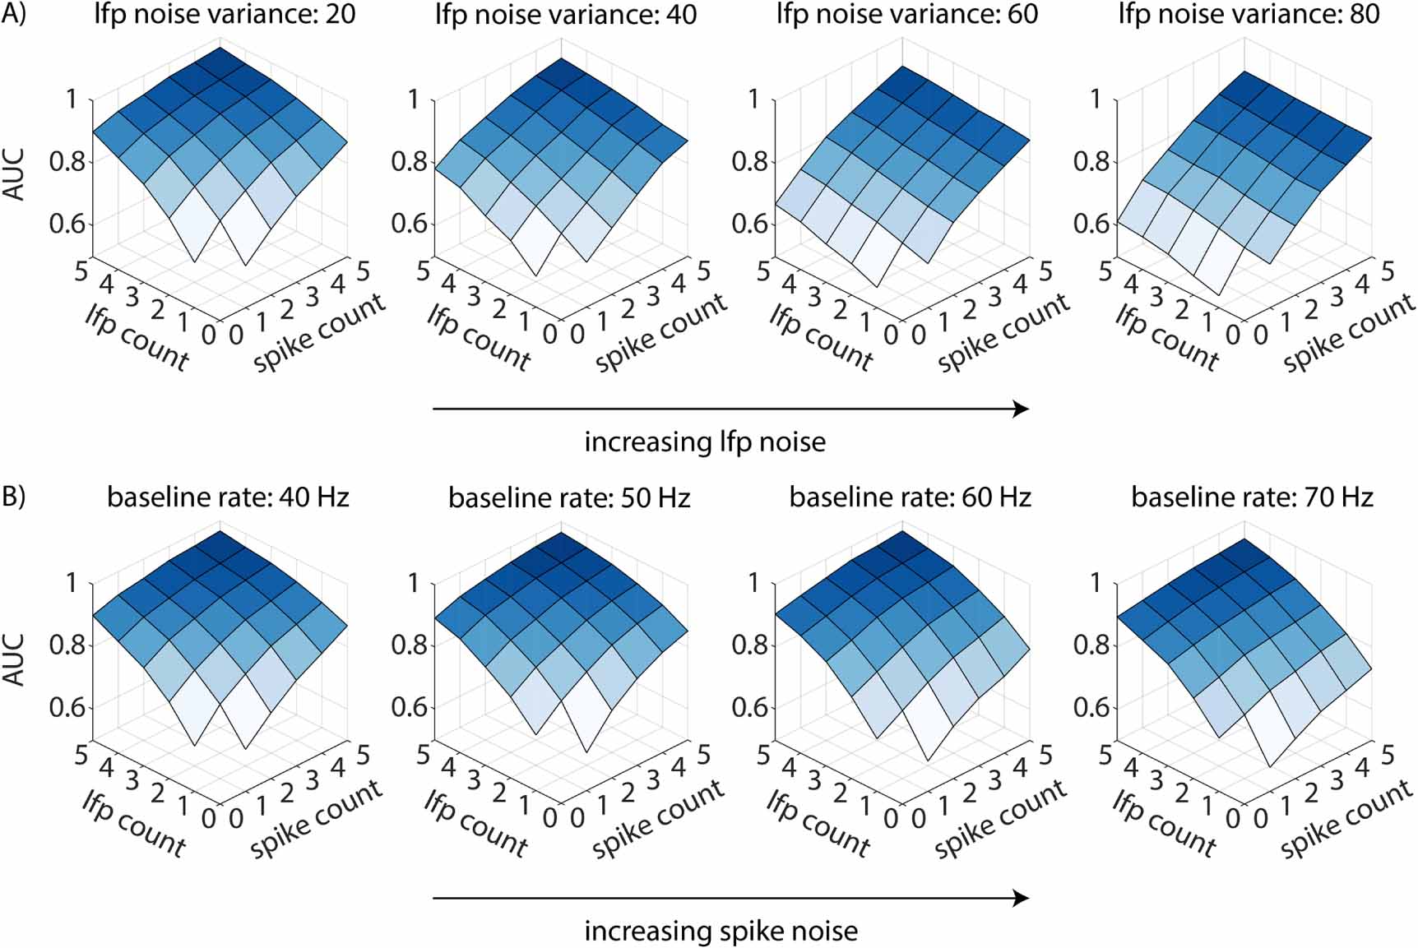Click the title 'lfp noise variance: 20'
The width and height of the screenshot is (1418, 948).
point(225,14)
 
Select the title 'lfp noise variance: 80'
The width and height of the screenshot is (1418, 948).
point(1249,14)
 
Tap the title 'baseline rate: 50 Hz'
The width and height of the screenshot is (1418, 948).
point(569,497)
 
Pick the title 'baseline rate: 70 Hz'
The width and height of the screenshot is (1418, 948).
point(1252,497)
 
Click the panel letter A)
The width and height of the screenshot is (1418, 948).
point(13,14)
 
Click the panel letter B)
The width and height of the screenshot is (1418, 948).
point(13,497)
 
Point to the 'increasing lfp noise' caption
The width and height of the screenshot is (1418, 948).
point(705,442)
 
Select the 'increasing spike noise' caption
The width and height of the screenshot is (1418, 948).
point(721,931)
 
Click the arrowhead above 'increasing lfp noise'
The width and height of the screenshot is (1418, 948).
point(1021,409)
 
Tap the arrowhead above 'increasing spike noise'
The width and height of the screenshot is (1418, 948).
point(1021,898)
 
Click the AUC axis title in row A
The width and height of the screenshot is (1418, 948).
point(15,174)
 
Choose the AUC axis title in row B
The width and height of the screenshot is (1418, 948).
point(15,659)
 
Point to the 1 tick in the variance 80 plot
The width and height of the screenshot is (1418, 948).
point(1095,99)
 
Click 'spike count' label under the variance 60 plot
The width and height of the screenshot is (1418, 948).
point(1003,333)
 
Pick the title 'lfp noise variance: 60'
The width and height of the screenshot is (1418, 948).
point(907,14)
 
